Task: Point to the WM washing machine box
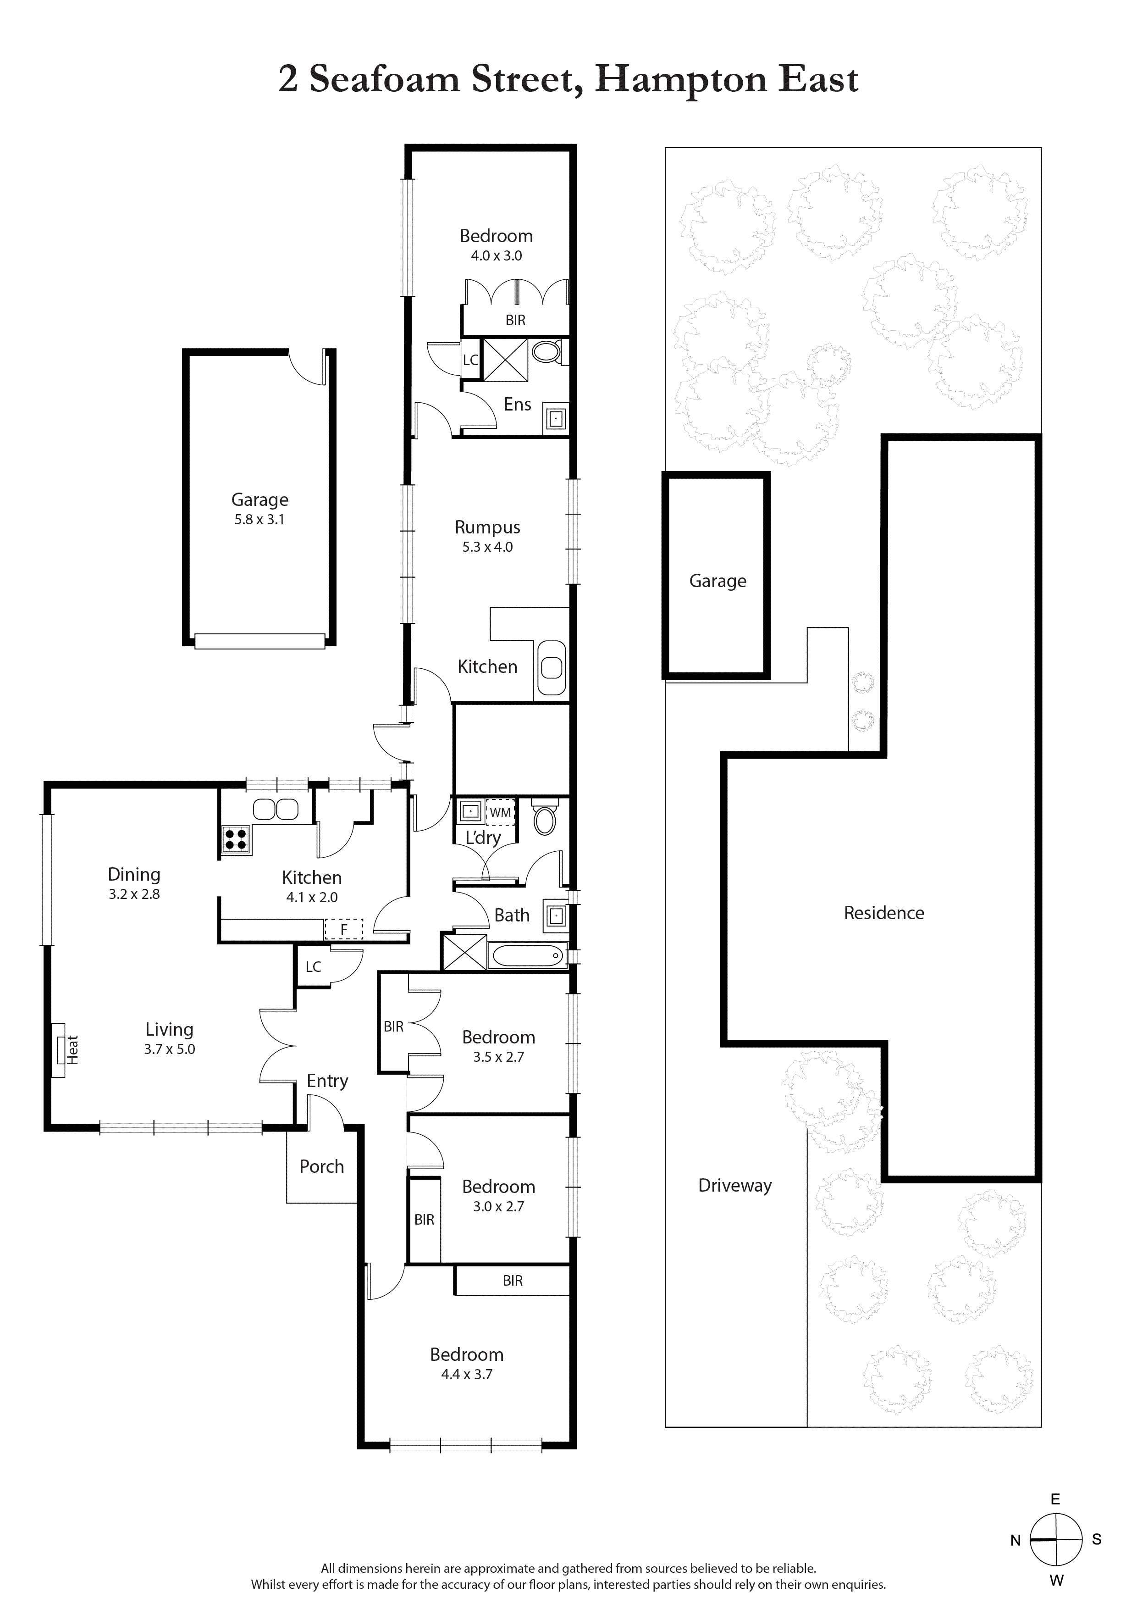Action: point(500,812)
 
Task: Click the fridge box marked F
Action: point(344,929)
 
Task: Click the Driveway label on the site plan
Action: point(735,1185)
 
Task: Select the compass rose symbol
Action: point(1056,1540)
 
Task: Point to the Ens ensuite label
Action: point(518,405)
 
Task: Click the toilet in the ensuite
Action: point(547,351)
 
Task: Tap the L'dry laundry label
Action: point(483,838)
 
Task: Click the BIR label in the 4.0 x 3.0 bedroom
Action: point(516,320)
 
